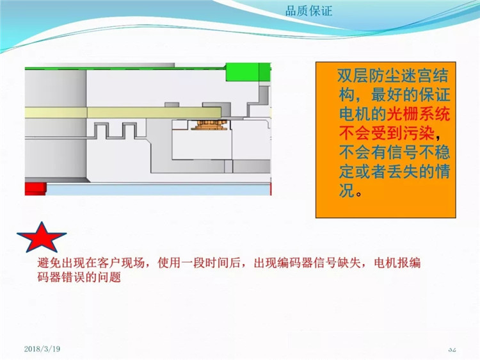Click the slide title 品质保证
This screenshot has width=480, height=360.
(308, 11)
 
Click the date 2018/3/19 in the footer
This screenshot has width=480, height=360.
(42, 348)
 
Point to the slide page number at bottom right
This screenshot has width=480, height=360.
(452, 349)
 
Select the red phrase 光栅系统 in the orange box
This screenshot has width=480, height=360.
(419, 114)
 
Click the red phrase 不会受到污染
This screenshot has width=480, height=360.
(387, 133)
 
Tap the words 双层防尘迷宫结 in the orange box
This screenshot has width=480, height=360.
(393, 76)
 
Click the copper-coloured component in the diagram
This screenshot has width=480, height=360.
(209, 125)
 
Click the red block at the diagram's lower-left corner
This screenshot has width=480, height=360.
(35, 188)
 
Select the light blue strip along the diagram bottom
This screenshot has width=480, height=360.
(158, 190)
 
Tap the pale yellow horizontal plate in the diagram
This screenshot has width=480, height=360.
(123, 113)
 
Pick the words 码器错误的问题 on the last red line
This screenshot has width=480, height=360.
(79, 277)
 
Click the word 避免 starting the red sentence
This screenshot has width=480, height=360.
(49, 263)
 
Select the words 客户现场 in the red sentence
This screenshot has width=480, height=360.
(121, 263)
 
